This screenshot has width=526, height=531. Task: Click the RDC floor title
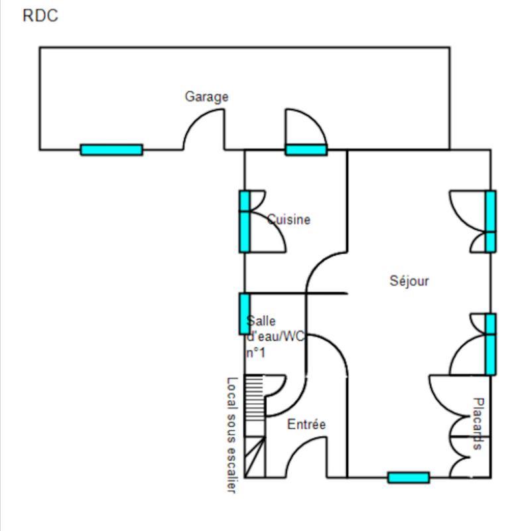tap(40, 17)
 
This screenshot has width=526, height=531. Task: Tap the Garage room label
tap(206, 97)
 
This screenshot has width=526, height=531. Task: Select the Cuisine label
tap(289, 220)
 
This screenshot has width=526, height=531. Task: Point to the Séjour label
tap(409, 281)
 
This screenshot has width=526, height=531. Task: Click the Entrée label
tap(306, 424)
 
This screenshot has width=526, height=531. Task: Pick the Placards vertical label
tap(477, 424)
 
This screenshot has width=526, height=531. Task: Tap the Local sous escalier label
tap(231, 435)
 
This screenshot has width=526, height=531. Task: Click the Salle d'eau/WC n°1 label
tap(273, 337)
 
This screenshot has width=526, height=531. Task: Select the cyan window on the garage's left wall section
tap(111, 149)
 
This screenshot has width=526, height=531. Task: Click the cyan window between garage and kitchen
tap(306, 149)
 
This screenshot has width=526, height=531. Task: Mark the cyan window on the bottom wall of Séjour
tap(409, 477)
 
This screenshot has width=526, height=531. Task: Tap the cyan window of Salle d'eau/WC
tap(244, 313)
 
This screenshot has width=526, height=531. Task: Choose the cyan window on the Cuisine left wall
tap(244, 221)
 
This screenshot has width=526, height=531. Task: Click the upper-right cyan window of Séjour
tap(490, 221)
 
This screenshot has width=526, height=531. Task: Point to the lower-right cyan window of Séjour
tap(490, 344)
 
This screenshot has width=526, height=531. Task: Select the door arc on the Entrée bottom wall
tap(306, 459)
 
